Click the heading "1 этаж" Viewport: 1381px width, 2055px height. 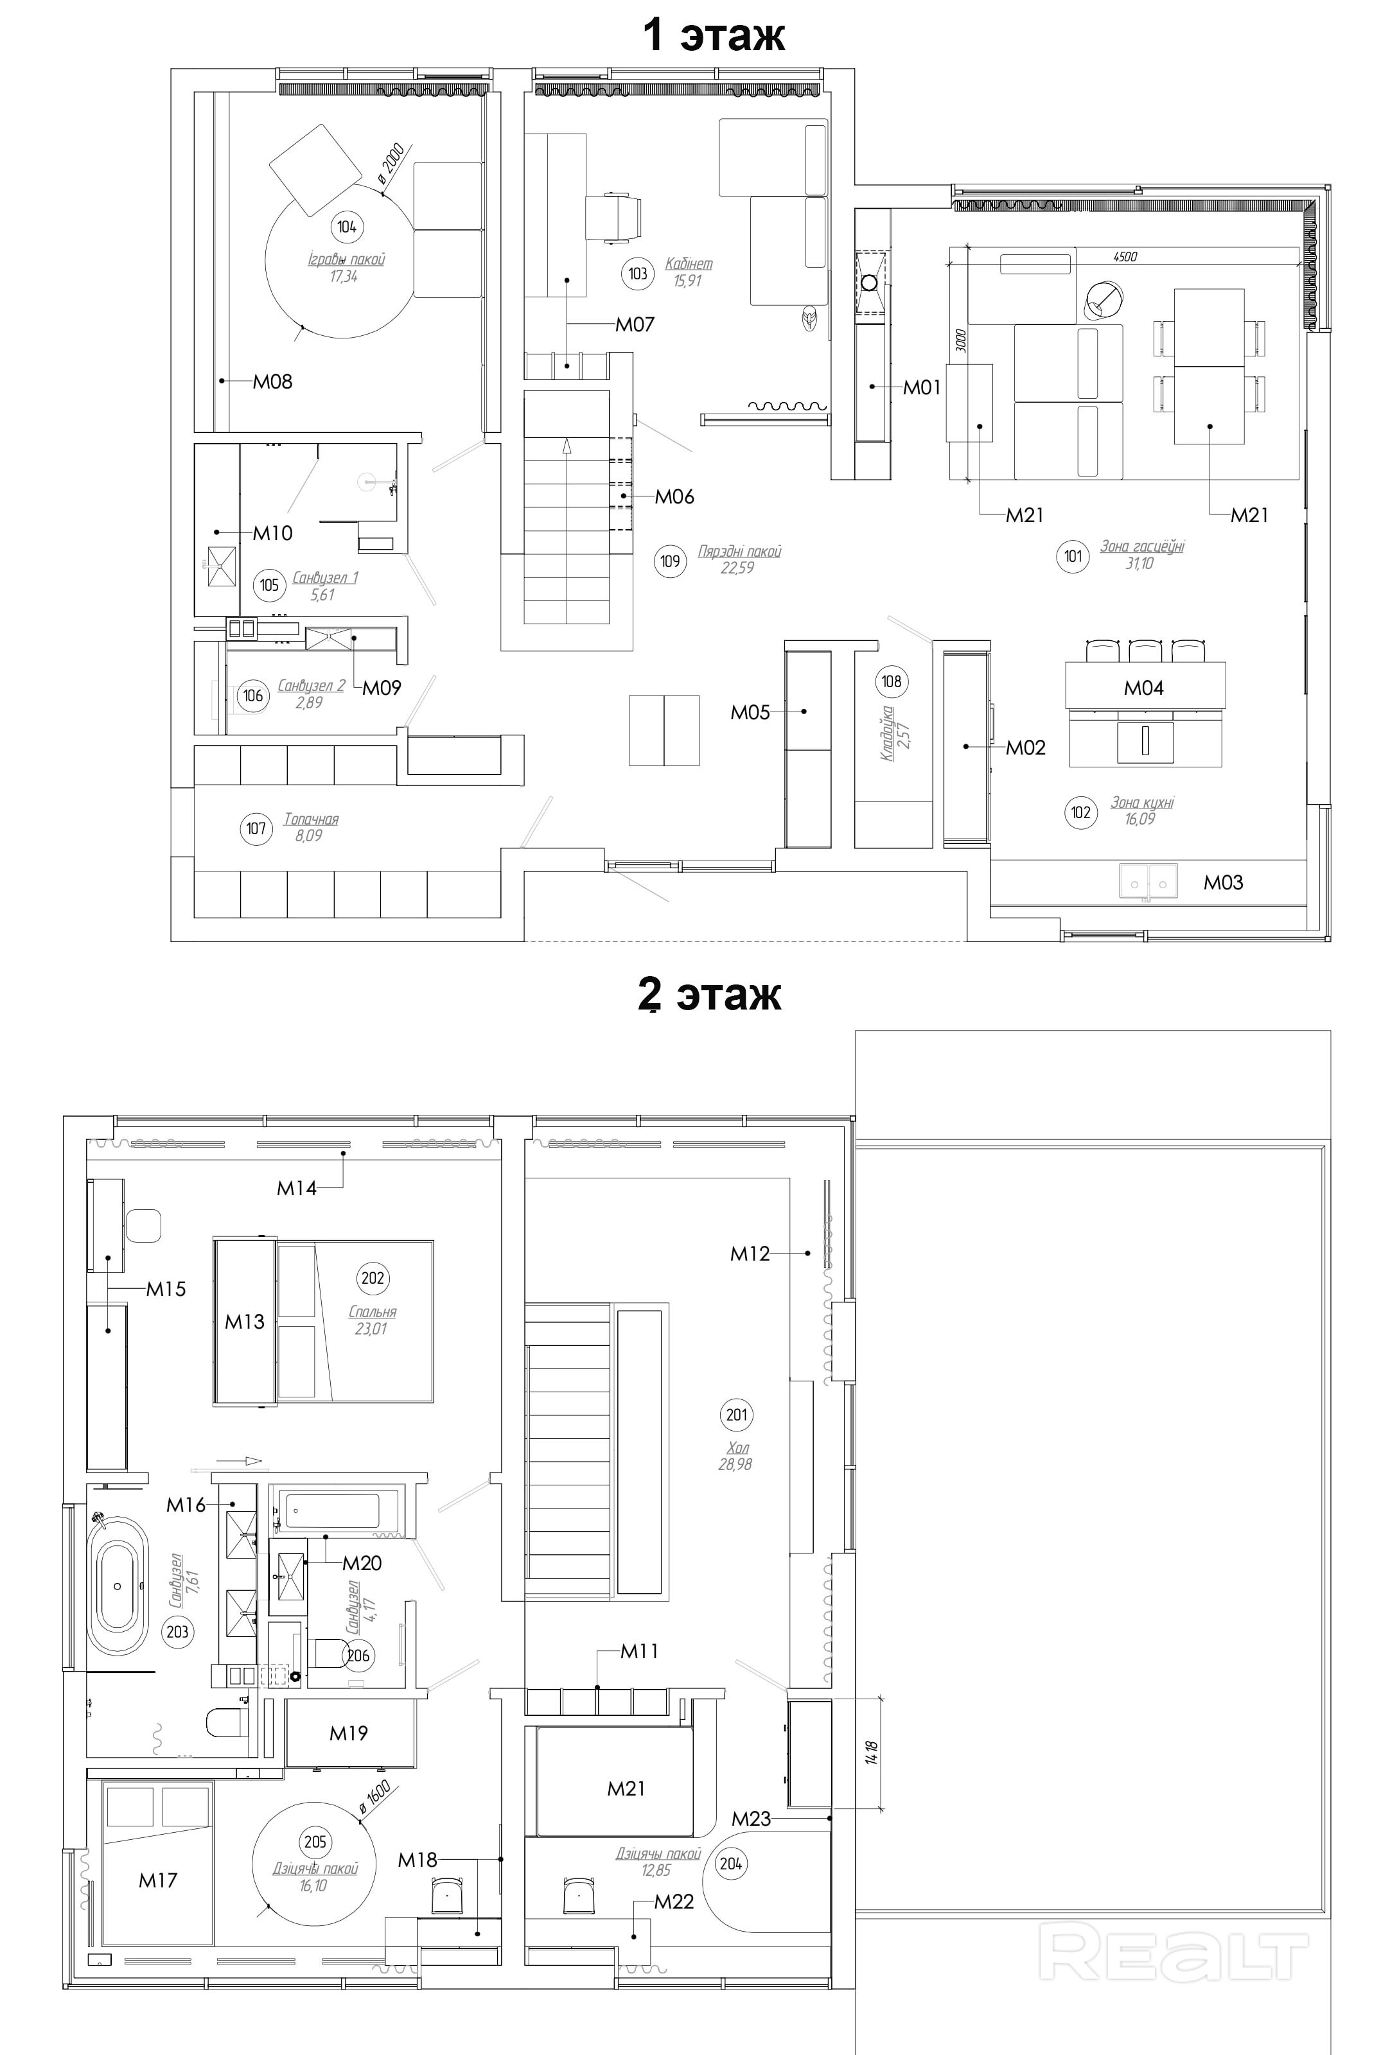click(x=714, y=35)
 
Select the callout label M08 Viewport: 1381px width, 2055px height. click(x=273, y=381)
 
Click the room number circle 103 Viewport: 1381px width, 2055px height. click(x=638, y=273)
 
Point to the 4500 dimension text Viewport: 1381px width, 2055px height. click(x=1125, y=256)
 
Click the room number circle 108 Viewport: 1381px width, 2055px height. click(x=892, y=681)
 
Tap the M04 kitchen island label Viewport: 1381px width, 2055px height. click(x=1143, y=688)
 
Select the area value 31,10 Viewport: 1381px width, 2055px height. click(x=1139, y=563)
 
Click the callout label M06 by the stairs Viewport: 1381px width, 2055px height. click(x=674, y=496)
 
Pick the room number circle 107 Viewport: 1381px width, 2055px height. click(x=256, y=828)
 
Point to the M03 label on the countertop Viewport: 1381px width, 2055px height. click(x=1224, y=882)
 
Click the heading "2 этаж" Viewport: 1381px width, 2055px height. click(x=710, y=995)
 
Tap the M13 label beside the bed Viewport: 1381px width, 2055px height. click(x=244, y=1322)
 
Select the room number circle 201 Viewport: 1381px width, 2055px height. click(x=736, y=1415)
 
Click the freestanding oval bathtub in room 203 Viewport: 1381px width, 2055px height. click(x=117, y=1586)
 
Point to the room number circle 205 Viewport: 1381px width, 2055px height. click(x=315, y=1842)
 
